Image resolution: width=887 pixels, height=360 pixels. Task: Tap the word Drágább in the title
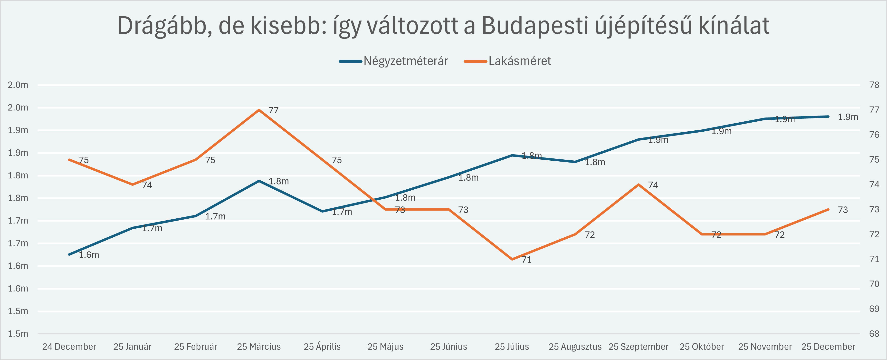tap(162, 26)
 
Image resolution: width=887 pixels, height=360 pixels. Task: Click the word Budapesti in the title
tap(535, 26)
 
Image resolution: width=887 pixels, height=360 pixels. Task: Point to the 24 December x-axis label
tap(69, 347)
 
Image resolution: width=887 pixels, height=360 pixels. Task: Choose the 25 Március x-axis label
tap(259, 347)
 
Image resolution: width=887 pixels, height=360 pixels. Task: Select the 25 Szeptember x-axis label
tap(639, 347)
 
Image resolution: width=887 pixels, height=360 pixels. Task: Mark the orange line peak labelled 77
tap(259, 110)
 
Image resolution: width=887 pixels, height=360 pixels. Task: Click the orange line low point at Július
tap(512, 259)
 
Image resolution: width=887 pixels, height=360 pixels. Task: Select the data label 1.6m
tap(89, 255)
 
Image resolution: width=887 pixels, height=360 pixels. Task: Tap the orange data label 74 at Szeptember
tap(653, 185)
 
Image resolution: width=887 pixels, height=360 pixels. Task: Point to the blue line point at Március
tap(259, 181)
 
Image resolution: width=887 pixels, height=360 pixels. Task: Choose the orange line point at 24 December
tap(69, 159)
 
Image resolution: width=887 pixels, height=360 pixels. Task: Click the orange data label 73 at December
tap(843, 210)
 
